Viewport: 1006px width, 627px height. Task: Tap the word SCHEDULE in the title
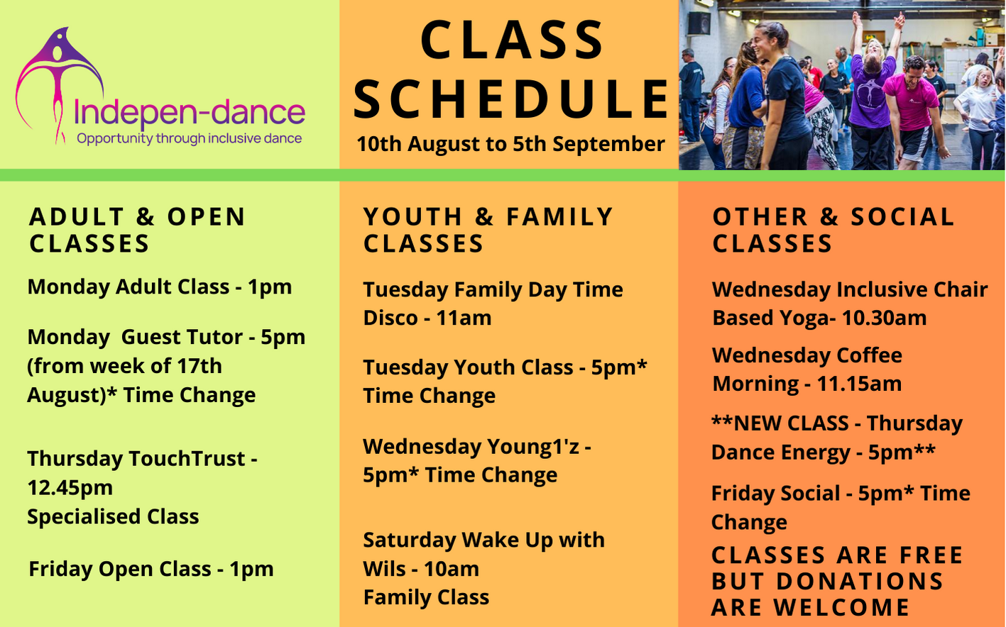click(511, 99)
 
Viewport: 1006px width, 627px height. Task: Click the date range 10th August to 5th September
click(510, 144)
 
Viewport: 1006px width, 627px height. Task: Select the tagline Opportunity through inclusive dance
click(189, 139)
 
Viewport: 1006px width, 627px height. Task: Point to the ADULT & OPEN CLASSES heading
click(137, 230)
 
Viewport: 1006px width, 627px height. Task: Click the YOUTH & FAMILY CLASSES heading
click(488, 230)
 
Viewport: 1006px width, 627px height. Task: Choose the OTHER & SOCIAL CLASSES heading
click(833, 230)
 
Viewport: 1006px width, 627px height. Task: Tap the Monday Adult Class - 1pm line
click(160, 287)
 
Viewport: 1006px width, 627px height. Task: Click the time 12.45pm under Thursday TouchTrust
click(70, 488)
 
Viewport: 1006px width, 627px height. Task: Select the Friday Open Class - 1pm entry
click(151, 569)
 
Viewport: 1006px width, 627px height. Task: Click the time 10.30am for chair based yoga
click(884, 318)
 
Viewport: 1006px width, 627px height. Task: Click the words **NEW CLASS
click(780, 423)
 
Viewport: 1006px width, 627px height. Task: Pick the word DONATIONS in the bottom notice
click(860, 581)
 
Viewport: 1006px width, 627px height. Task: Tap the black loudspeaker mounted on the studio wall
click(699, 23)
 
